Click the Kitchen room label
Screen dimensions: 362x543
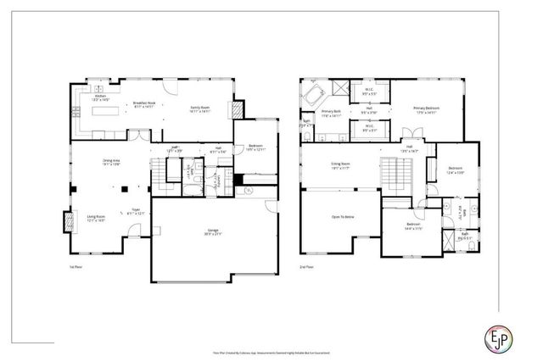pyautogui.click(x=101, y=97)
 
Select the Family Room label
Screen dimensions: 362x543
pyautogui.click(x=199, y=109)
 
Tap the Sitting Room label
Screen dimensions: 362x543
pyautogui.click(x=340, y=167)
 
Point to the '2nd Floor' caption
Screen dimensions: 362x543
pyautogui.click(x=307, y=266)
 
